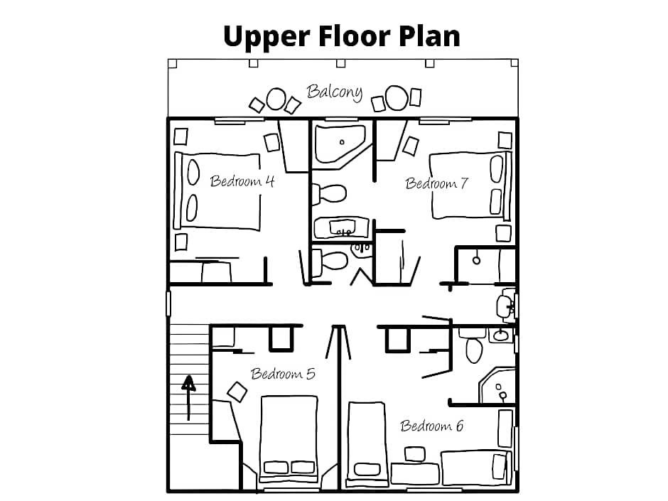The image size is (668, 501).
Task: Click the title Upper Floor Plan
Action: [x=342, y=37]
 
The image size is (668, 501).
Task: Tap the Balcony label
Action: [x=335, y=92]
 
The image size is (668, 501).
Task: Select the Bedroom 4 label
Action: [x=242, y=181]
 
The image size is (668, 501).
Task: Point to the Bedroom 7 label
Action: [x=436, y=183]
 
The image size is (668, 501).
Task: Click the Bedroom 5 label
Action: [x=283, y=374]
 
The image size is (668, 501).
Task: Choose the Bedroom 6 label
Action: [x=431, y=426]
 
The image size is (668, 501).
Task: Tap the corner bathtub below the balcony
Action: [x=340, y=144]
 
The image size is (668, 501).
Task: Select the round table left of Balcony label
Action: [x=276, y=99]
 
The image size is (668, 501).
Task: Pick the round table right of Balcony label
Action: [x=397, y=98]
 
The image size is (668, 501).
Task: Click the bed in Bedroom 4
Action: [x=217, y=191]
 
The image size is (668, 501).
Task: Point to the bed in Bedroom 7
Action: [x=470, y=185]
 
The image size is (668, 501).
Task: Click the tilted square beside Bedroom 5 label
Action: [x=237, y=392]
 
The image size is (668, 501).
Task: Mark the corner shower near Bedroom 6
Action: [x=497, y=387]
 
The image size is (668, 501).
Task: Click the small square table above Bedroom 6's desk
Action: [x=415, y=454]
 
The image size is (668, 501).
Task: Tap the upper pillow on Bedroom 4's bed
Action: [x=193, y=172]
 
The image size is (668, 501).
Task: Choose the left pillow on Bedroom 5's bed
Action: [x=276, y=468]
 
